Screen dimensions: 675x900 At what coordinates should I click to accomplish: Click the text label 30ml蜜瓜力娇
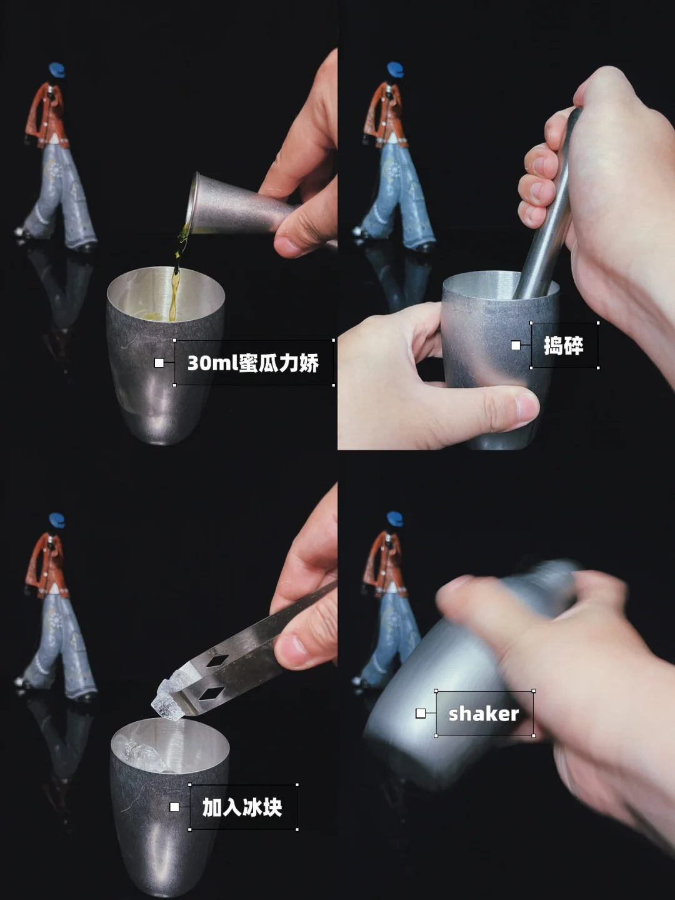click(252, 363)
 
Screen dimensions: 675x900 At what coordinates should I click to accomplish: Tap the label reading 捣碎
click(564, 346)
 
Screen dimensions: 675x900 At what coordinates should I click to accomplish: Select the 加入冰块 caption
click(242, 807)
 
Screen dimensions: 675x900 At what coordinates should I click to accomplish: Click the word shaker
click(484, 714)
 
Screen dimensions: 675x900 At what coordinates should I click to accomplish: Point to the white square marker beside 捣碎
click(516, 346)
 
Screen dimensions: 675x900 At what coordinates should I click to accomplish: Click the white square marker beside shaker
click(421, 714)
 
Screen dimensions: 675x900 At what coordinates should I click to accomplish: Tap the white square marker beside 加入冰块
click(174, 807)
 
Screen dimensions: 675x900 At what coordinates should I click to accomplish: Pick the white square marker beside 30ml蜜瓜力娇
click(159, 363)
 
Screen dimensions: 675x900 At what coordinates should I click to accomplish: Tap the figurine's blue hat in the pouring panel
click(57, 69)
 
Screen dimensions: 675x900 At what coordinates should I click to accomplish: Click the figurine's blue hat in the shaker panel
click(395, 518)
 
